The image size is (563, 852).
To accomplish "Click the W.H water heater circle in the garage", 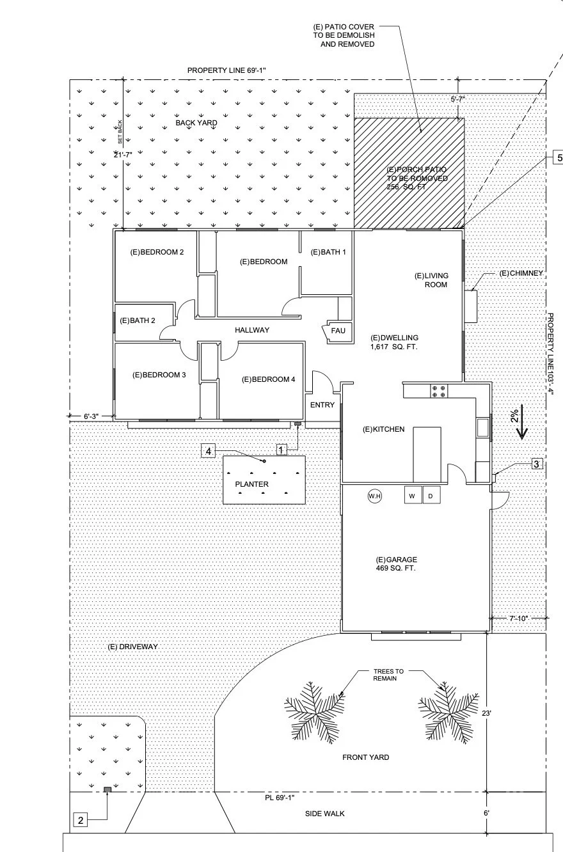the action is click(x=375, y=496).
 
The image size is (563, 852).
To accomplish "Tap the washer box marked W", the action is click(x=413, y=495).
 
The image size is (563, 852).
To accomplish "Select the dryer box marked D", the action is click(x=431, y=495).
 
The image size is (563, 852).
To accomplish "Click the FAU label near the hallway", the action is click(x=338, y=331).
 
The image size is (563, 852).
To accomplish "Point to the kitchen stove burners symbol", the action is click(x=439, y=391).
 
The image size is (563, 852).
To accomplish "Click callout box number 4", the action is click(x=208, y=452).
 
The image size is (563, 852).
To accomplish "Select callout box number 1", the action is click(x=281, y=450).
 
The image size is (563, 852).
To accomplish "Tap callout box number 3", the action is click(x=537, y=464).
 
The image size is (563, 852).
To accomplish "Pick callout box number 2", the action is click(x=80, y=820).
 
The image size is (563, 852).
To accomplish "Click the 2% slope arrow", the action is click(x=521, y=422).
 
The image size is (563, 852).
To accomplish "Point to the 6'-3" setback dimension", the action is click(x=91, y=416).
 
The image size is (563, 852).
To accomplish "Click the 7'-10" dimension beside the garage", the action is click(x=519, y=619).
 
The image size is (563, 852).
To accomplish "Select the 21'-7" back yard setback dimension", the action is click(x=123, y=155).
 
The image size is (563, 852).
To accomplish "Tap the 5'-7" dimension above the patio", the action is click(x=458, y=99).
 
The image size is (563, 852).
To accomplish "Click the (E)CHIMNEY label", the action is click(x=521, y=273).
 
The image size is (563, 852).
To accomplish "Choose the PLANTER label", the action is click(x=251, y=484).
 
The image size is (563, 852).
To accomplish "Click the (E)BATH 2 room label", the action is click(x=138, y=320).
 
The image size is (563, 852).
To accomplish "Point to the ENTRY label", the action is click(x=322, y=405).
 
